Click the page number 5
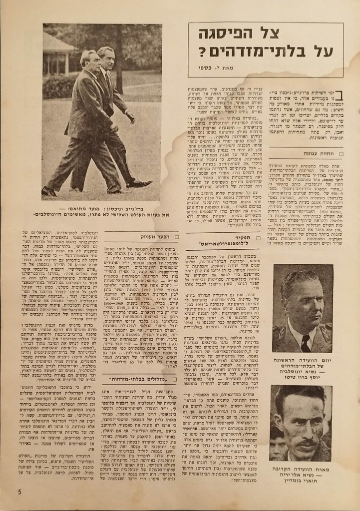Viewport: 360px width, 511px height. click(19, 492)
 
